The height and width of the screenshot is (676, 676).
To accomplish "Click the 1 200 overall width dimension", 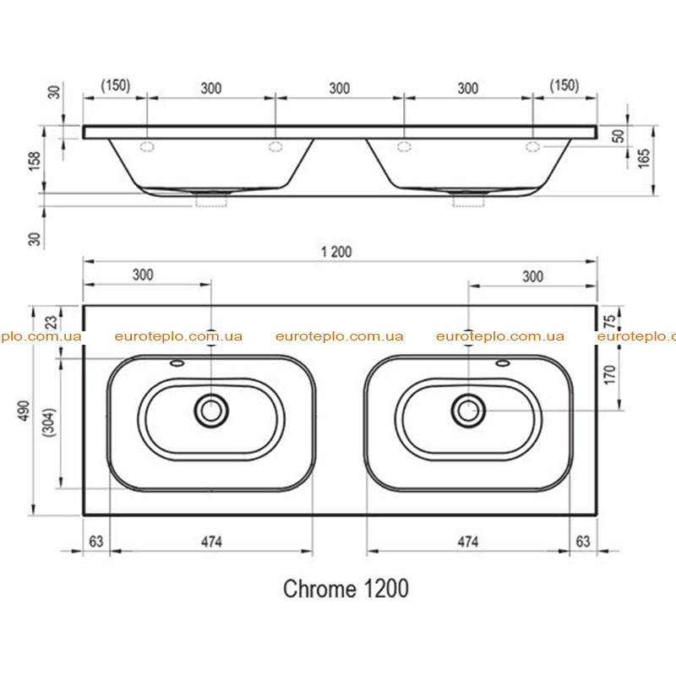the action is coord(336,252).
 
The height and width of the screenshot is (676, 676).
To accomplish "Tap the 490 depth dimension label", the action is coord(24,411).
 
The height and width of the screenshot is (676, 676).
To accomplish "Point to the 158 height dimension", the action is coord(35,161).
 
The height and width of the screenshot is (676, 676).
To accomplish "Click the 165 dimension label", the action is coord(644,158).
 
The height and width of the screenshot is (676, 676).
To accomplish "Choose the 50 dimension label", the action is coord(619,136).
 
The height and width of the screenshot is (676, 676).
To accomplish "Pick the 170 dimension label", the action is coord(609,374).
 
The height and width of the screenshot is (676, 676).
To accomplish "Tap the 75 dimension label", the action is coord(609,321).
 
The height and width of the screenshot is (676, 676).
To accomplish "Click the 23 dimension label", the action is coord(51,322).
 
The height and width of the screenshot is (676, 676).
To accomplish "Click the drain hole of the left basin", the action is coord(211,411).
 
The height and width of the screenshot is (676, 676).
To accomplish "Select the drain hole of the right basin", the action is coord(468,411).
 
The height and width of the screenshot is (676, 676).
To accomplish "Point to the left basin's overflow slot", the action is coord(177,363).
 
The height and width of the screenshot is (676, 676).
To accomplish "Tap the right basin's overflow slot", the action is coord(503,363).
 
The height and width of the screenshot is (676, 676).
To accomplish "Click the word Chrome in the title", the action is coord(320,589).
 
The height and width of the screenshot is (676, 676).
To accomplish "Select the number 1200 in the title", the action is coord(386,589).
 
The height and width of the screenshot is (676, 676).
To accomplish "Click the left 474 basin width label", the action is coord(211,542).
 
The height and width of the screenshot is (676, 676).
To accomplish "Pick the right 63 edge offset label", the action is coord(583,542).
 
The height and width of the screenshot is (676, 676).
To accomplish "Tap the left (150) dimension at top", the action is coord(116,85).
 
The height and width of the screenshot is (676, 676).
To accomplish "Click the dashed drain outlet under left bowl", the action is coord(211,201).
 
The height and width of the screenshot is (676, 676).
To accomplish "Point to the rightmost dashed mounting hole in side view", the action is coord(533,146).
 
